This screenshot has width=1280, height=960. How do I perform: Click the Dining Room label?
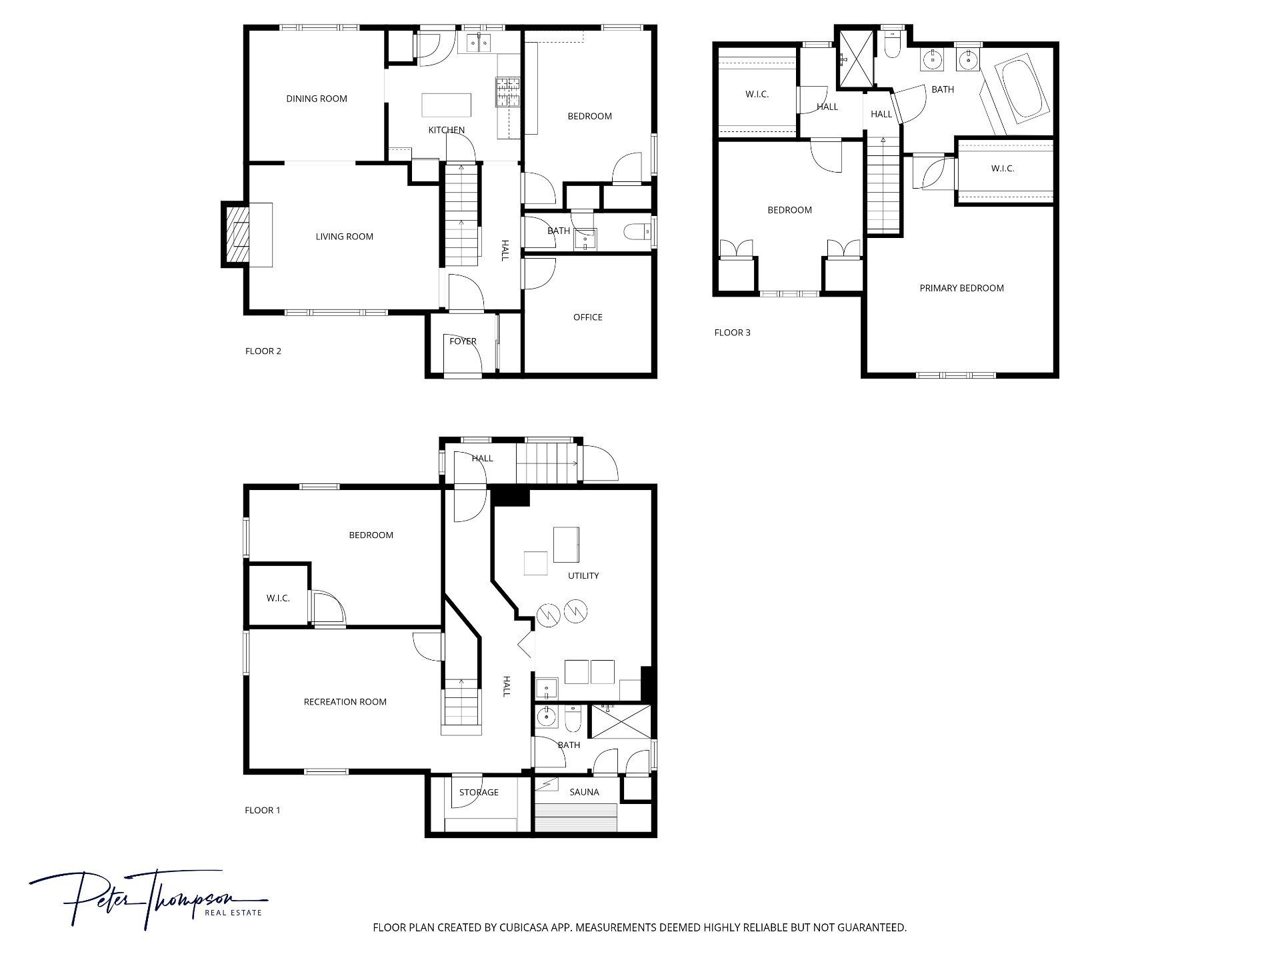click(x=317, y=99)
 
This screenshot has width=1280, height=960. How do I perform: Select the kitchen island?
click(x=446, y=105)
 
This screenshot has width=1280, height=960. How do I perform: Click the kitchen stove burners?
click(x=507, y=92)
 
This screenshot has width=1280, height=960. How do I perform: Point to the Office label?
click(x=588, y=317)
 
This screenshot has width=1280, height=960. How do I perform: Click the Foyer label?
click(x=463, y=341)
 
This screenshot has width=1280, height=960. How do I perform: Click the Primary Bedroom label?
click(x=961, y=288)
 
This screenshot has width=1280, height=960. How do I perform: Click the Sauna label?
click(x=584, y=792)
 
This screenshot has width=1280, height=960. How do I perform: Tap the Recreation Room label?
click(x=345, y=701)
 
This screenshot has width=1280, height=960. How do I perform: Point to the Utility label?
click(x=583, y=575)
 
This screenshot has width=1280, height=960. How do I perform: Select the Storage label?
click(x=479, y=792)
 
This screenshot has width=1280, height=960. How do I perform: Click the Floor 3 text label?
click(x=732, y=333)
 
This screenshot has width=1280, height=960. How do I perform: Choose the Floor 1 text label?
click(x=263, y=811)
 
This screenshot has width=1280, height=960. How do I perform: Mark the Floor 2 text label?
click(x=263, y=351)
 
